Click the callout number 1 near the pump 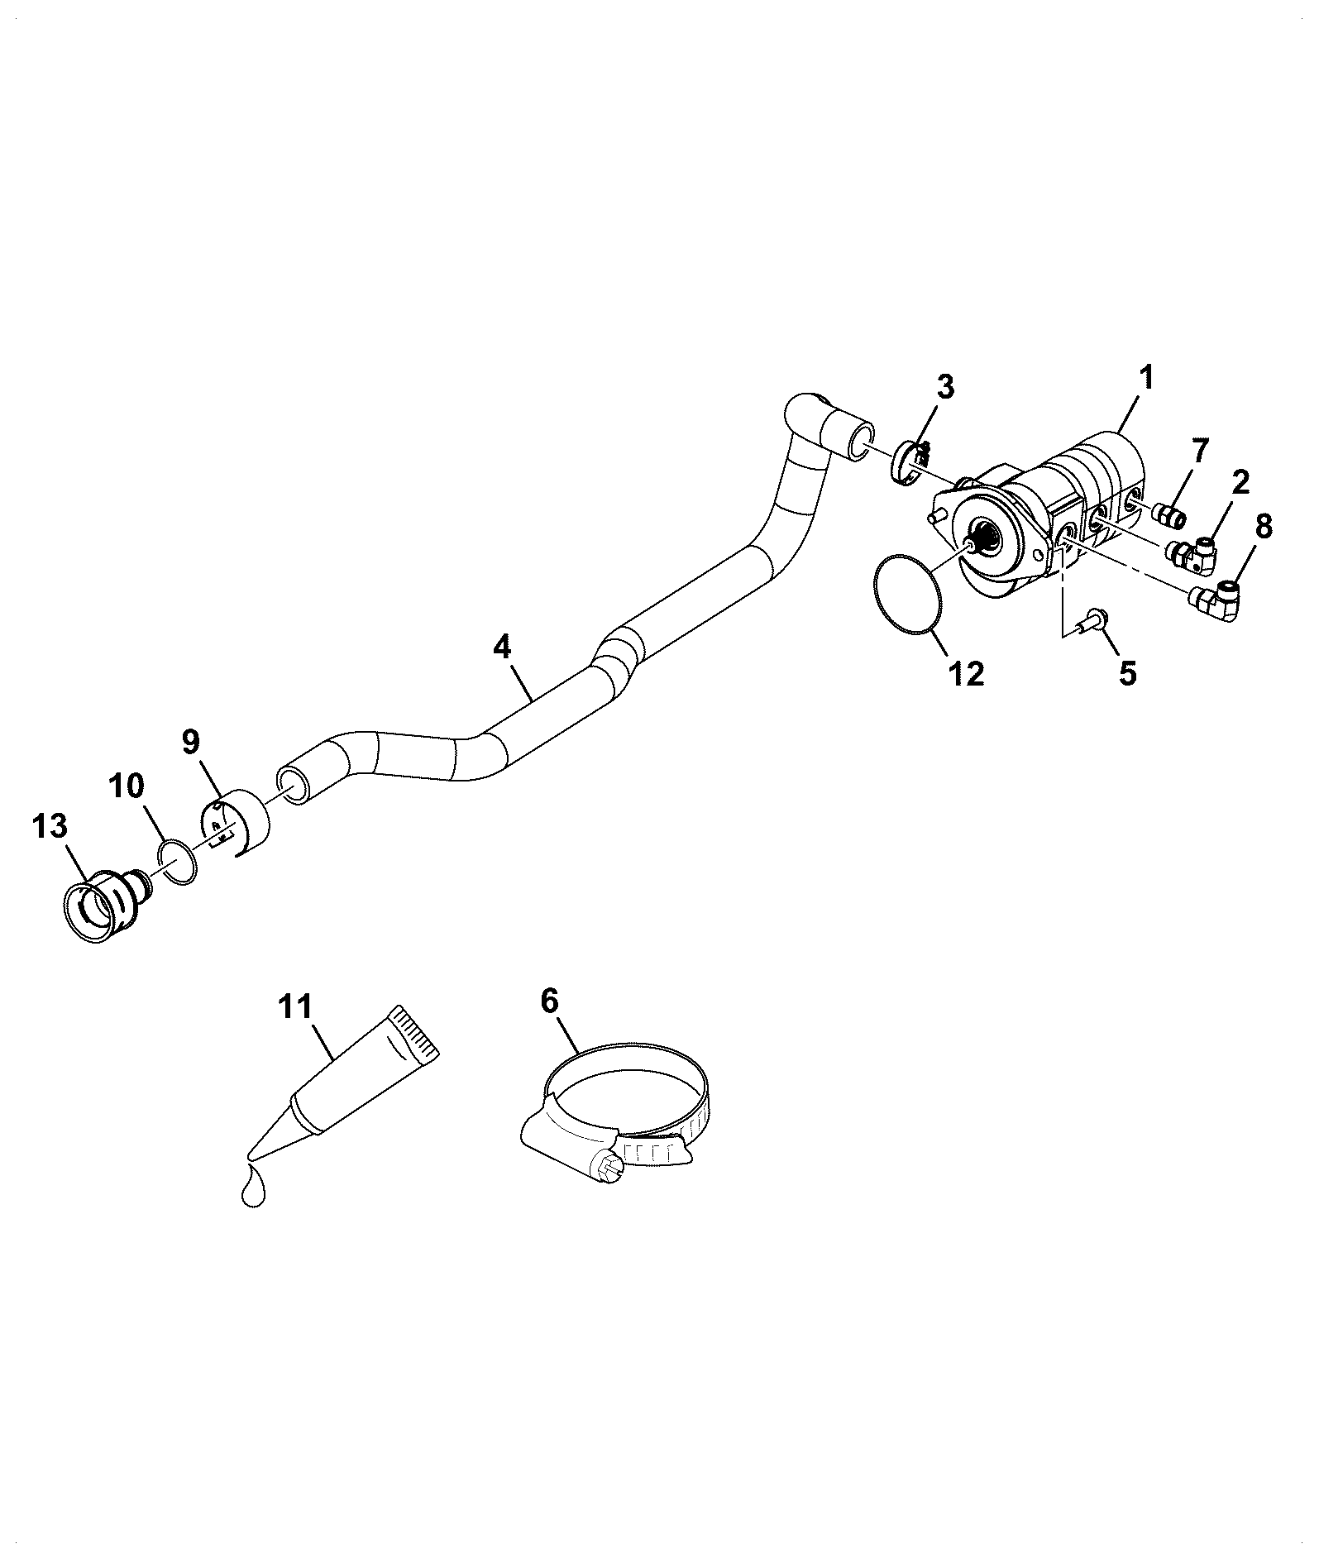click(x=1145, y=380)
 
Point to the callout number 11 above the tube click(x=295, y=1007)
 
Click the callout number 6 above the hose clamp click(x=549, y=1001)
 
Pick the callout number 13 click(x=50, y=825)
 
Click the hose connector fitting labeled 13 click(x=108, y=903)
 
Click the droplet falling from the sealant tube click(x=254, y=1188)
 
